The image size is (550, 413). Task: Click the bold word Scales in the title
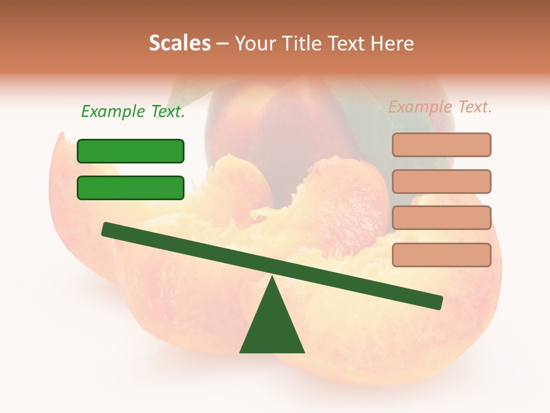(179, 44)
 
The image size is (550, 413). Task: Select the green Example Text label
(133, 112)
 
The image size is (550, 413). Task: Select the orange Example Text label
(440, 107)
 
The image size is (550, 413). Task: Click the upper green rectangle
(131, 151)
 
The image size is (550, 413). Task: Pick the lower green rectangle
(131, 188)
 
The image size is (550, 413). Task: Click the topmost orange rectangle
(441, 145)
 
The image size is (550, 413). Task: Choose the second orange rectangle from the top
(441, 181)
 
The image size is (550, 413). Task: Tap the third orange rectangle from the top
(441, 217)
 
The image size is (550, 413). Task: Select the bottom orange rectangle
(441, 255)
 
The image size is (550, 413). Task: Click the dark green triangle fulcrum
(272, 327)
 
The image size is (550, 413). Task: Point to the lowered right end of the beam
(438, 302)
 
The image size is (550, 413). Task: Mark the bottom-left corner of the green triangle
(241, 352)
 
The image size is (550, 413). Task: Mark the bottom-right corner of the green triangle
(304, 352)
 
